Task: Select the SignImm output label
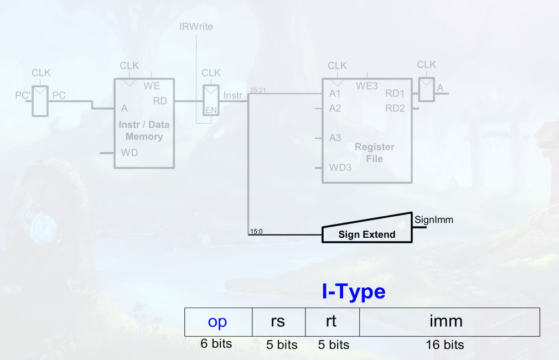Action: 433,220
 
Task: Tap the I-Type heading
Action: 354,291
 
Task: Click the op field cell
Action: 218,321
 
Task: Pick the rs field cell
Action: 278,321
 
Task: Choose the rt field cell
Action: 332,321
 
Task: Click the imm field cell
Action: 449,321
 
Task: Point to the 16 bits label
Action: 444,345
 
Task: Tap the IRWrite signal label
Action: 196,27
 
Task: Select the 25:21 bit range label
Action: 258,90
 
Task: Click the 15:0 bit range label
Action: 256,231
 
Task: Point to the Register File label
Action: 374,153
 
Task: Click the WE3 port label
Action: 366,86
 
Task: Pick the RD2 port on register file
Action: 395,108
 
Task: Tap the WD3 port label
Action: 340,168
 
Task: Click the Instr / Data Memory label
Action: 144,131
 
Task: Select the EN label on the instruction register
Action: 211,110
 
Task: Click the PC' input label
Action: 23,95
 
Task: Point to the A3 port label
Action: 335,138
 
